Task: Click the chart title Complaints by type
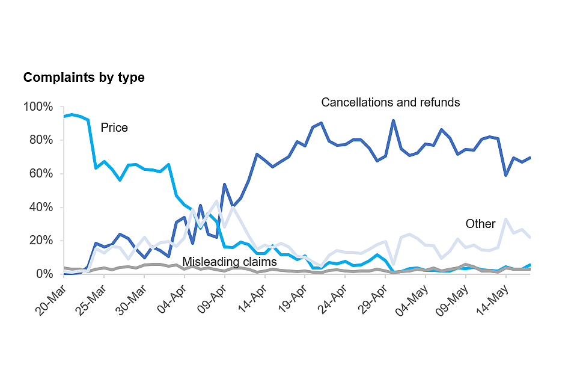(x=84, y=78)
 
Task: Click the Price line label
(x=114, y=128)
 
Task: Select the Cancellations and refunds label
(x=391, y=102)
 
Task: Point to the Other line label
(x=480, y=224)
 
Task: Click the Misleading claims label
(x=230, y=262)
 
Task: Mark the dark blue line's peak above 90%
(x=393, y=121)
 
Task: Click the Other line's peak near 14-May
(x=506, y=220)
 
